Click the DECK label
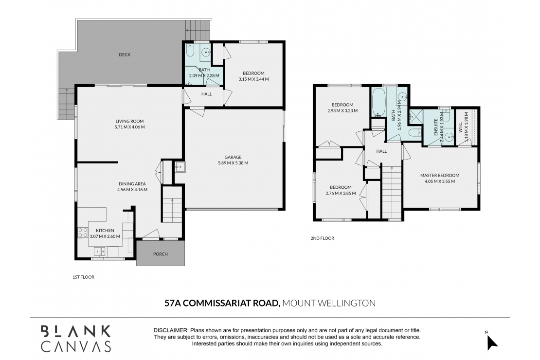click(125, 54)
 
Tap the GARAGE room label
click(233, 157)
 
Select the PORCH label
click(161, 254)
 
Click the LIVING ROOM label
click(129, 121)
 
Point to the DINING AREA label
click(132, 184)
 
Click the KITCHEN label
click(105, 231)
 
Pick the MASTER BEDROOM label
click(440, 175)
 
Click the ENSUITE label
click(436, 127)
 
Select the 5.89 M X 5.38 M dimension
click(233, 163)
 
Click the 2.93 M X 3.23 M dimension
click(342, 111)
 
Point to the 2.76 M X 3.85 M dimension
click(341, 193)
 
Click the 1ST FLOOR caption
click(83, 277)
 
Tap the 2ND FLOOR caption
click(323, 238)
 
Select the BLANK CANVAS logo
click(76, 339)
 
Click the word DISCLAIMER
click(171, 330)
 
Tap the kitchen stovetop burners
click(83, 233)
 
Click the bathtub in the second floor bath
click(378, 102)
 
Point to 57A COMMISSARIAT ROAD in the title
click(222, 303)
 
